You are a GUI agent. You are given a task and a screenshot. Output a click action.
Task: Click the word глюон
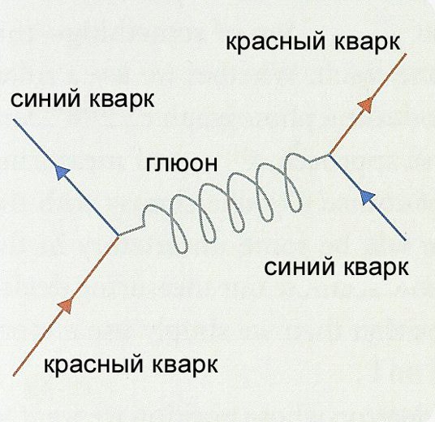pos(182,164)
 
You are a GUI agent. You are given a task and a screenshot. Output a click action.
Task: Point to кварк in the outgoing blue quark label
pos(122,100)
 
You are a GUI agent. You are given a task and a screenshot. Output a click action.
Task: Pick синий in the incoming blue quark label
pos(299,268)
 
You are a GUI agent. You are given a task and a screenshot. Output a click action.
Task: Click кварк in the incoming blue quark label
pos(376,269)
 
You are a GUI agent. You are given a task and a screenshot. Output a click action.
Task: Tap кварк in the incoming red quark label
pos(185,365)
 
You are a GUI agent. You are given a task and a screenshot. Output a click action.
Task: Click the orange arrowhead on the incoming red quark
pos(66,305)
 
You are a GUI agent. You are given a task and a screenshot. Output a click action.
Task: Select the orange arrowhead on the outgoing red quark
pos(367,105)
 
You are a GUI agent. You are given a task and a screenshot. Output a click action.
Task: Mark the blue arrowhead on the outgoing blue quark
pos(62,172)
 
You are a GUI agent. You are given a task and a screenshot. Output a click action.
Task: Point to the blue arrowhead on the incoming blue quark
pos(368,197)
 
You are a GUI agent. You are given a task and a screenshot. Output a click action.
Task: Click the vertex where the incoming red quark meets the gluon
pos(118,235)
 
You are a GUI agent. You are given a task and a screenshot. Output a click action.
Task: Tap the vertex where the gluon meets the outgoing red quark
pos(329,155)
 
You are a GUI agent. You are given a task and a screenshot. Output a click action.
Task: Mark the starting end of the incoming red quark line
pos(14,375)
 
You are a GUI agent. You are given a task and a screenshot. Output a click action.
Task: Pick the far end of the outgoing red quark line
pos(406,54)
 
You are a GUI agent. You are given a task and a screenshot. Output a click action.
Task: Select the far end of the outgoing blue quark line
pos(13,120)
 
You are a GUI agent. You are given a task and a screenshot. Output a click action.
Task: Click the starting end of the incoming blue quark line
pos(405,239)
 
